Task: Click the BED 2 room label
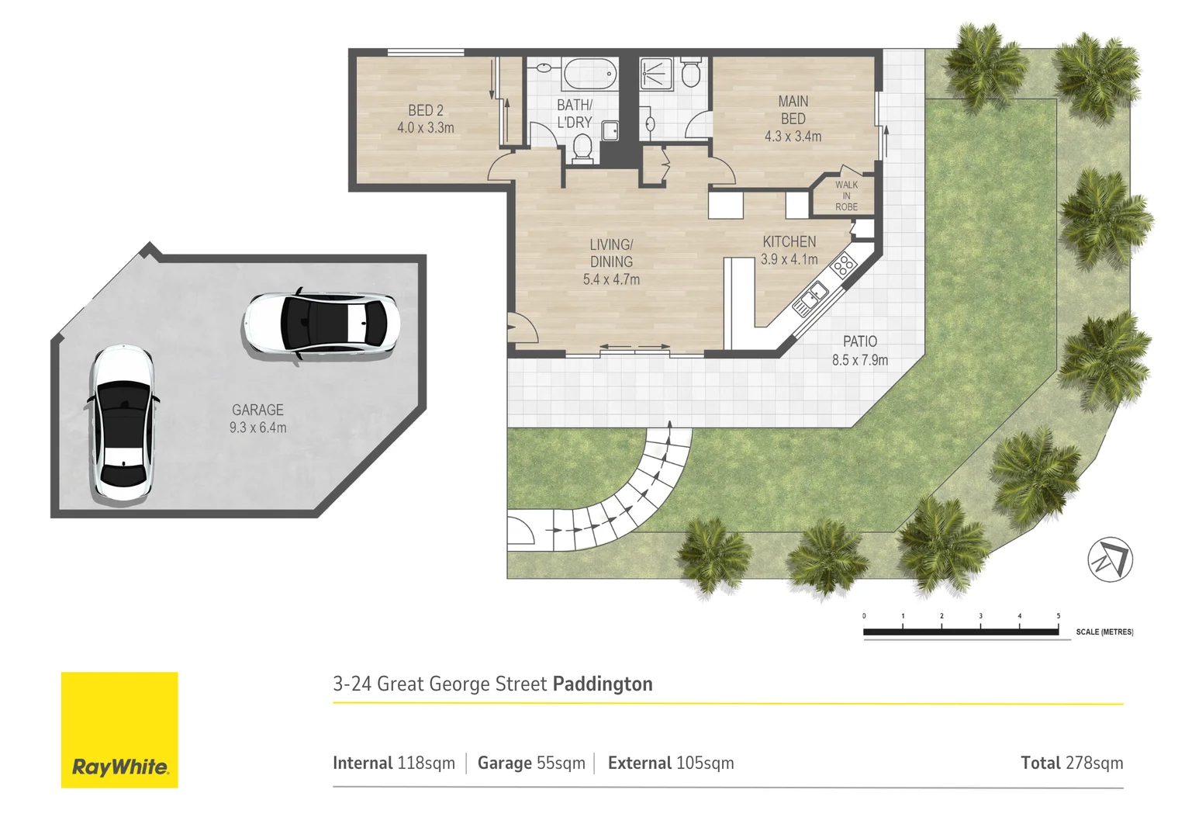426,119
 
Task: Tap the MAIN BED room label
793,119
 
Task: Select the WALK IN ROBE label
846,196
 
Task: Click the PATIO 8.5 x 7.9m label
860,351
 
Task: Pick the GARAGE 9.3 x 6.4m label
257,418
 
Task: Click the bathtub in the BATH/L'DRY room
589,74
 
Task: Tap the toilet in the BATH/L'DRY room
582,147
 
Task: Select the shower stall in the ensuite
656,73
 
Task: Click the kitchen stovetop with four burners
842,265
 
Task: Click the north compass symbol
1110,559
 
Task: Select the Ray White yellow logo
119,729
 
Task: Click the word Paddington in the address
603,684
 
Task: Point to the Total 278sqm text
1071,763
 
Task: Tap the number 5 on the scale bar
1058,616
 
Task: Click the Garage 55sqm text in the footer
531,763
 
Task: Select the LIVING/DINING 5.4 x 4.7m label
611,262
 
